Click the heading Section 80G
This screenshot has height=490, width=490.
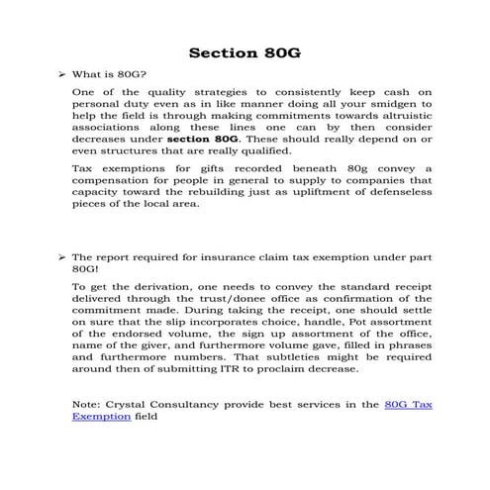[245, 50]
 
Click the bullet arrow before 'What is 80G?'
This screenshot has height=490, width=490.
[61, 74]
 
